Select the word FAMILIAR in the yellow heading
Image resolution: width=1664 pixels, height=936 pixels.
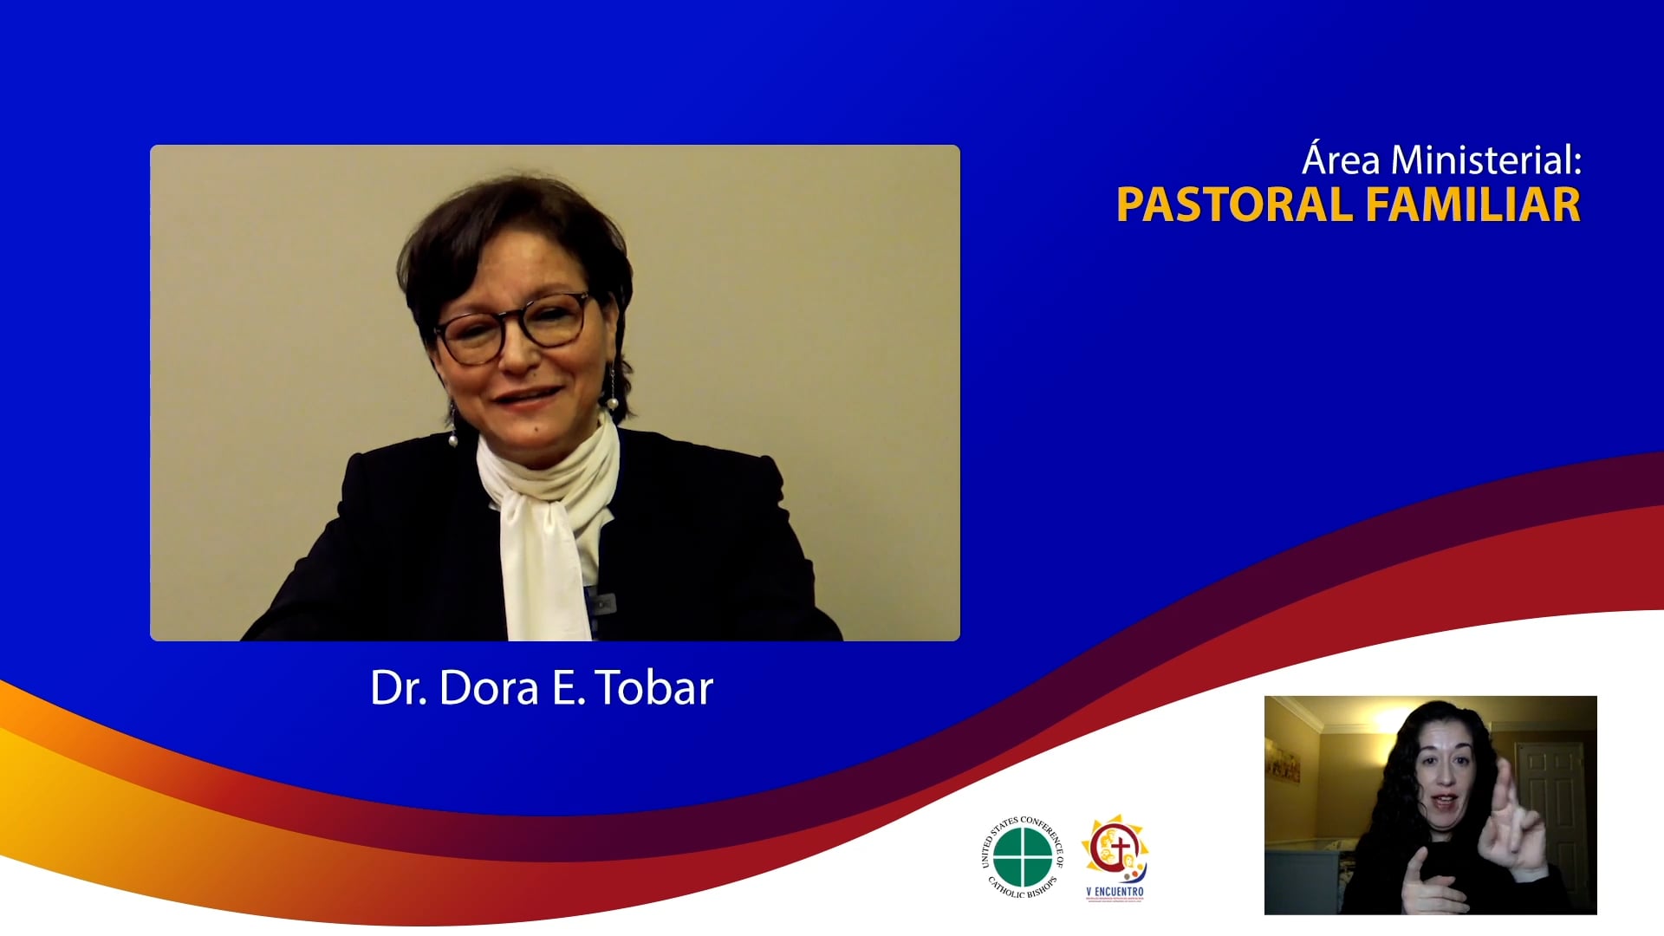(x=1472, y=205)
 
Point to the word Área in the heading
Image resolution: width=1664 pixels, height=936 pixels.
(x=1342, y=160)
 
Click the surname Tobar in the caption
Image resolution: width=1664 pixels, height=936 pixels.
(x=655, y=688)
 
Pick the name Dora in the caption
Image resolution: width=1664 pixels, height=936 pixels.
(x=489, y=688)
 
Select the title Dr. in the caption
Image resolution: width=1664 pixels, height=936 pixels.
(x=398, y=688)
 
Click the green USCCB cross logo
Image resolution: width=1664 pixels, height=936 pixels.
(x=1023, y=857)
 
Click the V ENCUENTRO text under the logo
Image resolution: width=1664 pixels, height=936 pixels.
(x=1115, y=892)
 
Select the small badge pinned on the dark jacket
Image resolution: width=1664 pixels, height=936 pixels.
(x=602, y=600)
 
